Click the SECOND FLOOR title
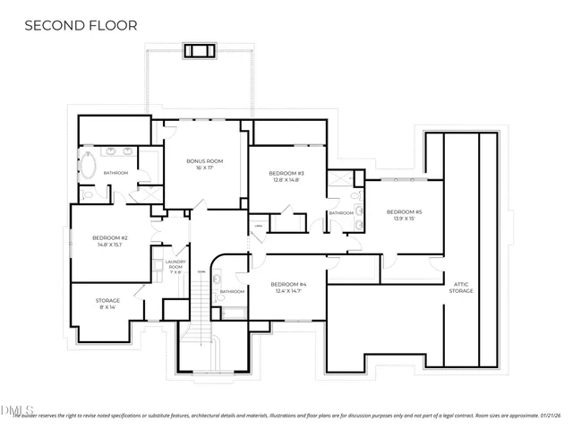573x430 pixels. [81, 25]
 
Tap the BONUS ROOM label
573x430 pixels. [204, 161]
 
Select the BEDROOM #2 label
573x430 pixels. [110, 237]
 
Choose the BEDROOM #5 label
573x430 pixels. [404, 211]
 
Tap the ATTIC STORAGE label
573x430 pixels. [461, 288]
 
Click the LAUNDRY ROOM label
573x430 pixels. [176, 264]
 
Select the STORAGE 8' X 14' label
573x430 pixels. [107, 301]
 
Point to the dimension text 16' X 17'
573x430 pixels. [204, 168]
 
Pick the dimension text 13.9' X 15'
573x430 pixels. [404, 219]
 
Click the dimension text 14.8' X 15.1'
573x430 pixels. [110, 245]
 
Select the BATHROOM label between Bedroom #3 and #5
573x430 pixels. [340, 213]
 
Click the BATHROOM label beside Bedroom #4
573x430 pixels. [232, 291]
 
